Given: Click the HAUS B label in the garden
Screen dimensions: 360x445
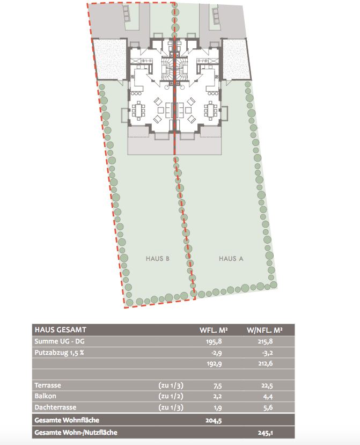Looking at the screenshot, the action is (x=157, y=259).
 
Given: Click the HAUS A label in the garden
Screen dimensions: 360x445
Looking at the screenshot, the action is (x=231, y=259).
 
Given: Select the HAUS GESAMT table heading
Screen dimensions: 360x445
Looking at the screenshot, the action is (x=61, y=330).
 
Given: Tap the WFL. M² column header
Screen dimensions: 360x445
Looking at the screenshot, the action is (x=214, y=330).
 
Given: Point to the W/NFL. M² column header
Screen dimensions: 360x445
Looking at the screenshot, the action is (x=265, y=330).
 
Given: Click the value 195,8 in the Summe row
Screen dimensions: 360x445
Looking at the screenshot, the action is (x=214, y=341).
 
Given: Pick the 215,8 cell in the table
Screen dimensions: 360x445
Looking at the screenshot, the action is (x=265, y=341).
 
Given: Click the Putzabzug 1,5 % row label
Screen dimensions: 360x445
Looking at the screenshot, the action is (x=60, y=353).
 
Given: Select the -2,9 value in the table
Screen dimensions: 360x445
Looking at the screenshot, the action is (x=216, y=353).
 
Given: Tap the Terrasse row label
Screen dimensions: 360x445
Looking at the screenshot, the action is (x=48, y=385).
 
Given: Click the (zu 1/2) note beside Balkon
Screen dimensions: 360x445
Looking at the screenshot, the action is (x=171, y=396).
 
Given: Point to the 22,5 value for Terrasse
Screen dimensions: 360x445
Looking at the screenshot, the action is (x=267, y=385).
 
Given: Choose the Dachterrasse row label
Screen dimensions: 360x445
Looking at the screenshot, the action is (x=55, y=407).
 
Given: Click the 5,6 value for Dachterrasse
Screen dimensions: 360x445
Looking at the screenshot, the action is (x=268, y=407).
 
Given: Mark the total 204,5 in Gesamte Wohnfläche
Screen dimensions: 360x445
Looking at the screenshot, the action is (x=214, y=420).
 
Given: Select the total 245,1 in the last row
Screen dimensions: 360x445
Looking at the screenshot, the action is (x=265, y=433).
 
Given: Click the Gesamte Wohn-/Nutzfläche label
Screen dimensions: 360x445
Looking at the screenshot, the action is (x=76, y=433).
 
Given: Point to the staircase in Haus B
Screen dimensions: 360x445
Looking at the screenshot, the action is (x=167, y=69).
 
